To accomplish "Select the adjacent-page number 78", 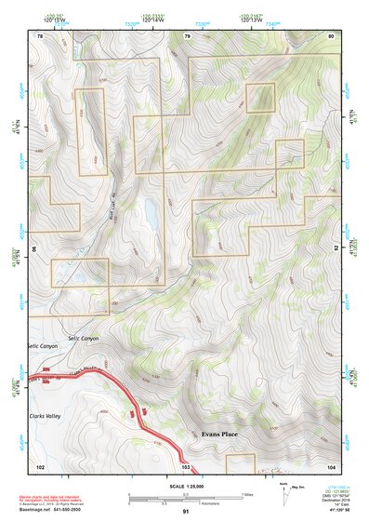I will tap(40, 35).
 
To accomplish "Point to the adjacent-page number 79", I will tap(187, 35).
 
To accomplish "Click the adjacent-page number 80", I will tap(331, 35).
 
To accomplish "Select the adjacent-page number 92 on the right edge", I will tap(336, 249).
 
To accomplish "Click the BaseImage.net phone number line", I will tap(54, 507).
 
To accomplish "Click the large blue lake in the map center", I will tap(150, 215).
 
